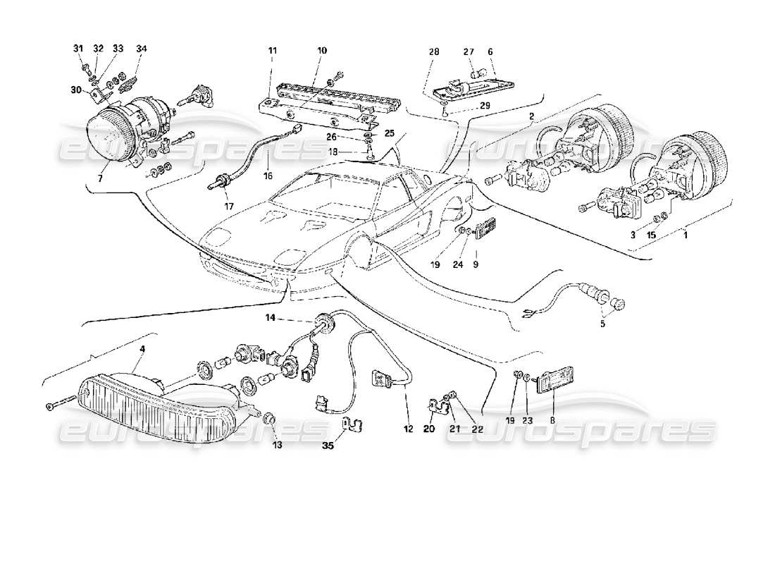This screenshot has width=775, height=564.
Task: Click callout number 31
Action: pos(77,49)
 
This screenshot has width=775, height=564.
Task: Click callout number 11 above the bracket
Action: pos(272,51)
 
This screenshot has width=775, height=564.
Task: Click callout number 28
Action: pos(433,51)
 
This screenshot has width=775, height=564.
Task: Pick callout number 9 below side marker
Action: pos(476,265)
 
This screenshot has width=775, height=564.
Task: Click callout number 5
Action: pos(602,326)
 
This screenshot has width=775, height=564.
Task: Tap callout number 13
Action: pos(276,446)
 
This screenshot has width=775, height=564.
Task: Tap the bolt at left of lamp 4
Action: pos(60,406)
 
